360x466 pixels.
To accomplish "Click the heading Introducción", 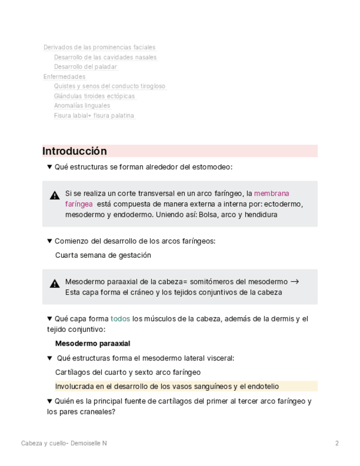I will coord(75,151).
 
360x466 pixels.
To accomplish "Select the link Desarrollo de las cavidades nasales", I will coord(105,57).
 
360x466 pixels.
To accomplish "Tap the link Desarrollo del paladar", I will coord(85,67).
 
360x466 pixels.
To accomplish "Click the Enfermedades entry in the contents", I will coord(64,76).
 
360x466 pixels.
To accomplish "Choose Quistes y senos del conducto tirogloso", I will coord(109,86).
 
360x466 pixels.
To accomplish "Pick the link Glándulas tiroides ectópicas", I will coord(94,96).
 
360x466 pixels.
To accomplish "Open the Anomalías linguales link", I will coord(82,106).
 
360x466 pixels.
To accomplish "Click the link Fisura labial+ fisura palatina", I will coord(94,115).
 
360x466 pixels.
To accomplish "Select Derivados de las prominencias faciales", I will coord(99,47).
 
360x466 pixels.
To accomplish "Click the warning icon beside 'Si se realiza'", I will coord(54,195).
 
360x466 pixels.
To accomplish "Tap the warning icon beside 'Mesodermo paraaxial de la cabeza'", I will coord(54,284).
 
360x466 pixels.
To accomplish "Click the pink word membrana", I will coord(272,193).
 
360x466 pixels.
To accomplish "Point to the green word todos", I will coord(120,319).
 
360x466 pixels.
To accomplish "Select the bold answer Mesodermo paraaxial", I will coord(93,343).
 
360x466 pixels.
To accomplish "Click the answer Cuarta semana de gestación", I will coord(103,255).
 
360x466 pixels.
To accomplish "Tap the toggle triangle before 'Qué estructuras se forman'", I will coord(49,167).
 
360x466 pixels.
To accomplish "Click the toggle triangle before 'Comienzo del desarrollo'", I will coord(49,241).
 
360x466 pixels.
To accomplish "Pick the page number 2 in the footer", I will coord(337,443).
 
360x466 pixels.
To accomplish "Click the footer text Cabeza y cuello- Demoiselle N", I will coord(64,443).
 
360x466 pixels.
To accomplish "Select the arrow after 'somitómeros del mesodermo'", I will coord(295,281).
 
